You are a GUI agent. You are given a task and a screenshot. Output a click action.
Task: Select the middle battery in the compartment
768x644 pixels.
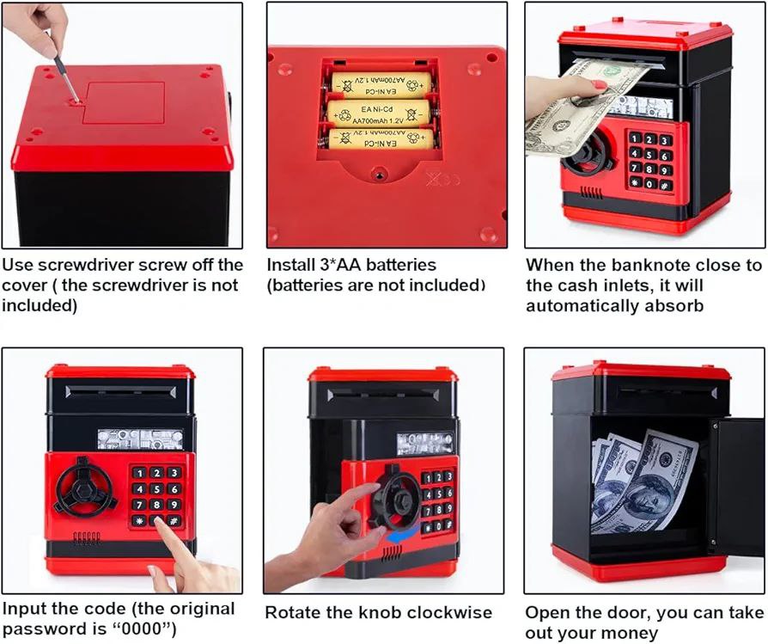coord(379,113)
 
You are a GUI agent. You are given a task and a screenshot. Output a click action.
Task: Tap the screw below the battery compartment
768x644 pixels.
coord(378,173)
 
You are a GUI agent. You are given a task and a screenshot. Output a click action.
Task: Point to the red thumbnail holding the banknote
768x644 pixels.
coord(599,83)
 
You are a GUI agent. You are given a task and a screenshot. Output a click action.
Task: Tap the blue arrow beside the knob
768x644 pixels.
coord(403,535)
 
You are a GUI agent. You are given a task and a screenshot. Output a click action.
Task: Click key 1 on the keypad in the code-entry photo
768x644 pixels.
coord(139,473)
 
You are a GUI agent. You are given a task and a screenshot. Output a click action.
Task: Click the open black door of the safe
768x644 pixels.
coord(737,488)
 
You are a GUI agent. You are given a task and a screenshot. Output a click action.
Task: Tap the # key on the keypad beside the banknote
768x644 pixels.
coord(665,186)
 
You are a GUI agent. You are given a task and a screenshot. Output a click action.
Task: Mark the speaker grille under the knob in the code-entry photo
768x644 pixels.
coord(87,537)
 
